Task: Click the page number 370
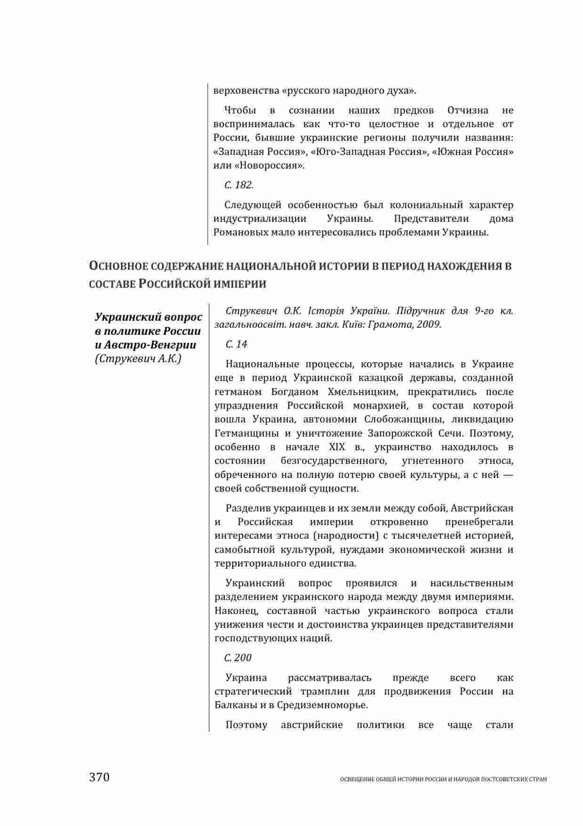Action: point(99,777)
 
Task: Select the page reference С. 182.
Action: point(239,185)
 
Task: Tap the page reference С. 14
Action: point(236,344)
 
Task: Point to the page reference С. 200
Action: point(238,657)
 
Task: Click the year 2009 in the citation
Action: point(429,324)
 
